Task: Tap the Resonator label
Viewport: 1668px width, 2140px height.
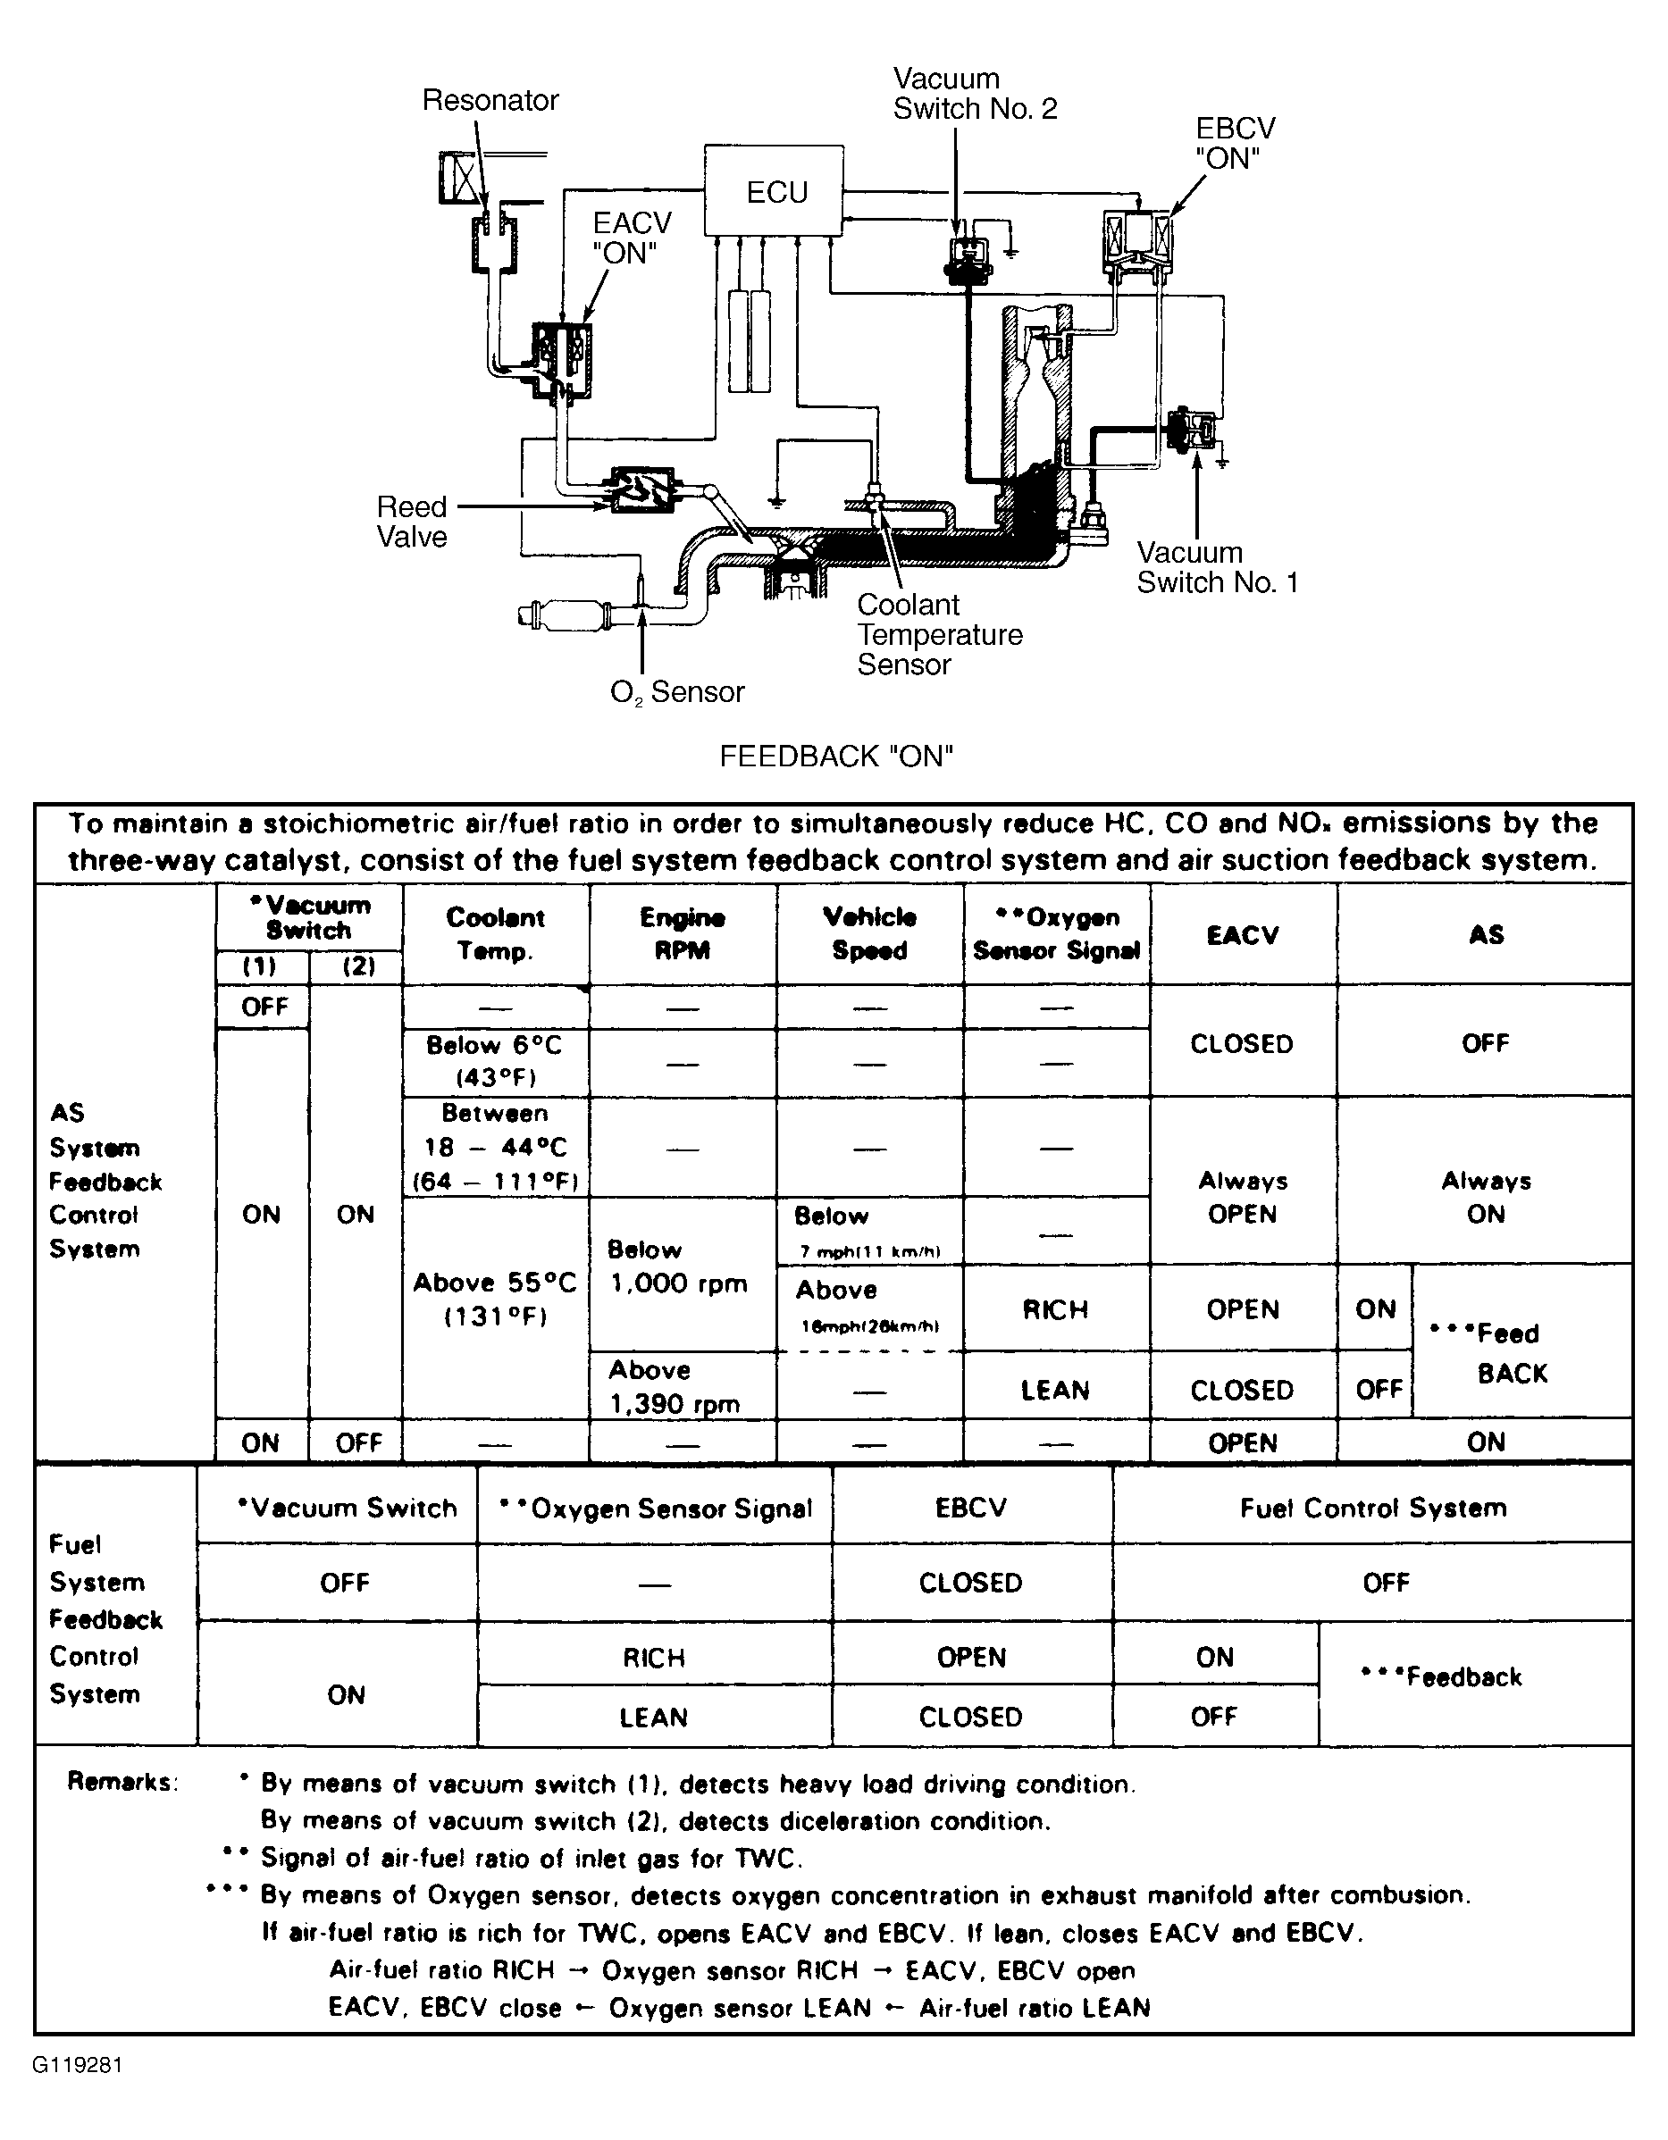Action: pyautogui.click(x=490, y=100)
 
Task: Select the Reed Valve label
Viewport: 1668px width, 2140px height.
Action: pyautogui.click(x=412, y=522)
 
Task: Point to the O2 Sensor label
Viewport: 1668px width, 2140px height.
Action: pyautogui.click(x=676, y=693)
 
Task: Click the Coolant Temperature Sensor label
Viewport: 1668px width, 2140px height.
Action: pyautogui.click(x=939, y=634)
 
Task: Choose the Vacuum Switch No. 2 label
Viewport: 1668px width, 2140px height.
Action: pyautogui.click(x=974, y=94)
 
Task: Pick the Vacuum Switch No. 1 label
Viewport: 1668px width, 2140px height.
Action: pyautogui.click(x=1217, y=567)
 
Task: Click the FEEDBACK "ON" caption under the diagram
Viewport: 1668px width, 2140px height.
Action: pyautogui.click(x=836, y=757)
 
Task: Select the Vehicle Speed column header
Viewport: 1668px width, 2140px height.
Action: pyautogui.click(x=869, y=934)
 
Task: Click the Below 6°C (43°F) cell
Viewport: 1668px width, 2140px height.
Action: pyautogui.click(x=495, y=1061)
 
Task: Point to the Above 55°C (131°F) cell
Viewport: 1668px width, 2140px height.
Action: pyautogui.click(x=495, y=1299)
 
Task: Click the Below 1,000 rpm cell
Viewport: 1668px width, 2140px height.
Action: pyautogui.click(x=678, y=1267)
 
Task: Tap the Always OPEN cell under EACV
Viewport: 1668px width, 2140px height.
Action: pyautogui.click(x=1242, y=1198)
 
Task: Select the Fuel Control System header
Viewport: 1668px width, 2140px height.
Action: pyautogui.click(x=1372, y=1508)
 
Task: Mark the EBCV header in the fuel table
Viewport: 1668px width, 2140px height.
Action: pyautogui.click(x=970, y=1508)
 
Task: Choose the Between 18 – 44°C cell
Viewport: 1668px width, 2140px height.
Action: pyautogui.click(x=495, y=1148)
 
